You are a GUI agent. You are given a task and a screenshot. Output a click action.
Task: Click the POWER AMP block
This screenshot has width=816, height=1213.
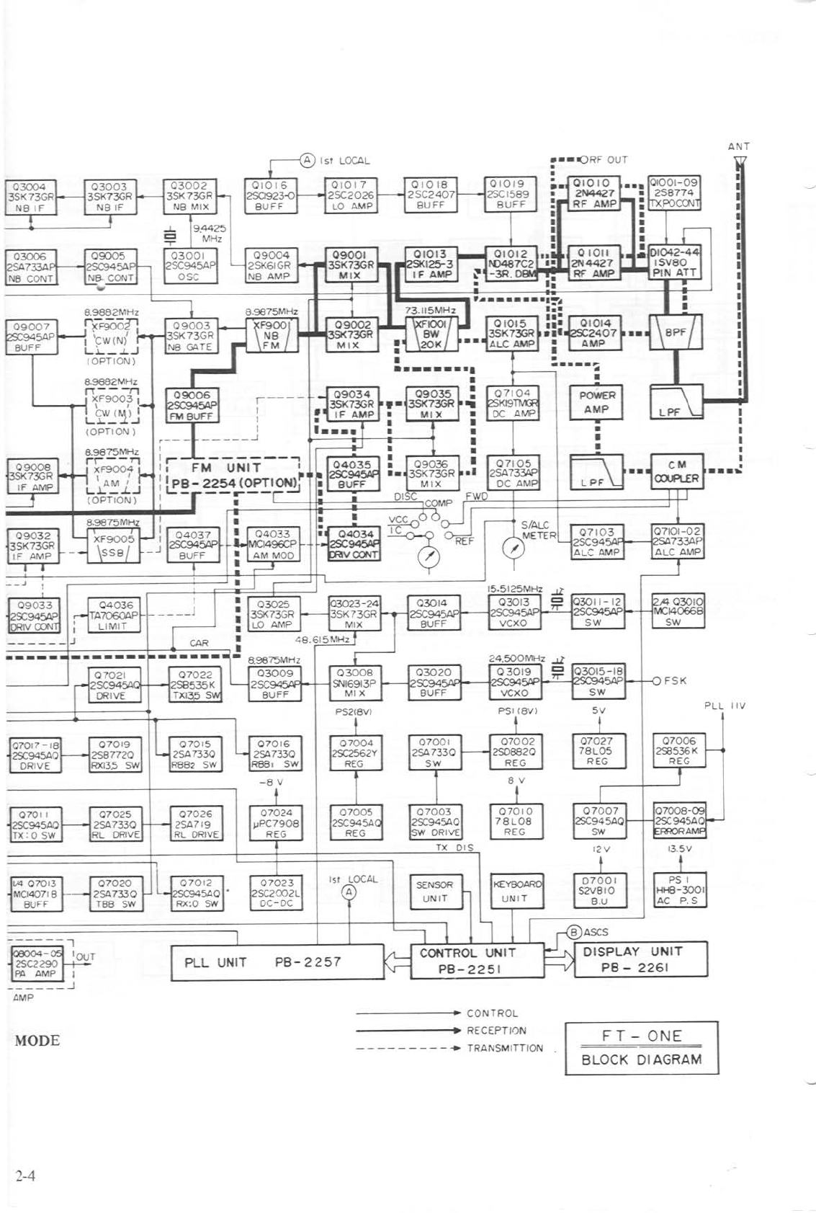597,402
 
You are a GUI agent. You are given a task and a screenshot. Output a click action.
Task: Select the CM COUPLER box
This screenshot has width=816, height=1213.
676,471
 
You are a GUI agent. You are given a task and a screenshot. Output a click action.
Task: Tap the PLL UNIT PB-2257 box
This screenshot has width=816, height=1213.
277,962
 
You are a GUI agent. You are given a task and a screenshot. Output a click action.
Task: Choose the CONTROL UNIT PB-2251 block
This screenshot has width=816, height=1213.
477,961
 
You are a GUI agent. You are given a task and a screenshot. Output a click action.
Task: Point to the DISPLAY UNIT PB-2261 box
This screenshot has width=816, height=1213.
630,959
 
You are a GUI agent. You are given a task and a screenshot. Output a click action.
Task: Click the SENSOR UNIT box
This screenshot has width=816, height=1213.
434,892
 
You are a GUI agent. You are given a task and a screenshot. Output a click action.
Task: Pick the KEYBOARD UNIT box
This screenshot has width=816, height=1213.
516,891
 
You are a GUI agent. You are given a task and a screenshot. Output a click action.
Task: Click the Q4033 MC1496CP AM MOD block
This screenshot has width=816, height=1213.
274,545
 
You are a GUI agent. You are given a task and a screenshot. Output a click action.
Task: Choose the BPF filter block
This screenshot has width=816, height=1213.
676,332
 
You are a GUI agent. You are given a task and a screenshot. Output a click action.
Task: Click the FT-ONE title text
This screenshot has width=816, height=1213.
641,1036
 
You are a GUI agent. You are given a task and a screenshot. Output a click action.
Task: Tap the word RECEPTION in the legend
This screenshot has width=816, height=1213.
496,1031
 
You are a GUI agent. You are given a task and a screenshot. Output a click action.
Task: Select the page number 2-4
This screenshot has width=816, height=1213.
26,1176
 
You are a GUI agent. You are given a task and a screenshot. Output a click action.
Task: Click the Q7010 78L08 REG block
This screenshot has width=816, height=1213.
515,822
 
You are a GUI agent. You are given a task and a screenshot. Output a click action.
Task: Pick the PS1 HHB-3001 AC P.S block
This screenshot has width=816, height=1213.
678,890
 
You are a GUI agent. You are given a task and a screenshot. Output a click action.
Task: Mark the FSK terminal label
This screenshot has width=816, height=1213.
675,680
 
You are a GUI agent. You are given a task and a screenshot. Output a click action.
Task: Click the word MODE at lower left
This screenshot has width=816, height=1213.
37,1041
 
